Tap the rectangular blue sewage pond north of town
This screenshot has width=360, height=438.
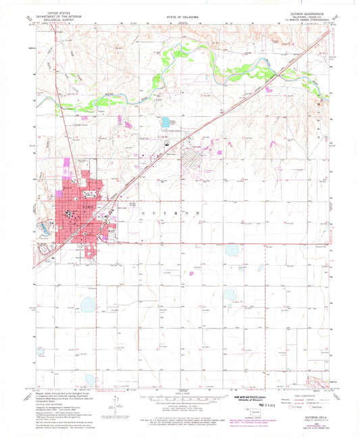(165, 122)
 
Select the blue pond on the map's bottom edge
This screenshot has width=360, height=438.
(88, 379)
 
